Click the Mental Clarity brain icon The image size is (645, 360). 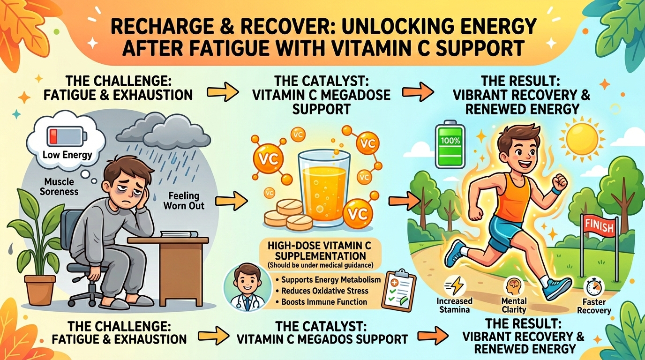514,285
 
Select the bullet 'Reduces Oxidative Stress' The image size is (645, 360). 324,291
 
